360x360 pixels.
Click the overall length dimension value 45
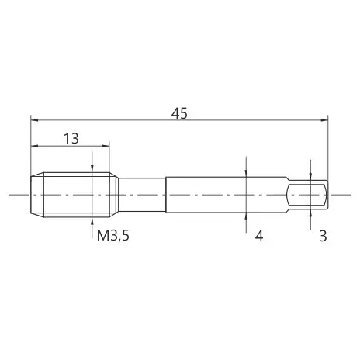[x=179, y=113]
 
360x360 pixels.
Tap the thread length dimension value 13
[x=71, y=139]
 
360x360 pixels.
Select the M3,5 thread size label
[x=113, y=236]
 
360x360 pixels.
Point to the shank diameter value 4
[x=259, y=236]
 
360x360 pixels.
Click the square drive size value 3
[x=323, y=236]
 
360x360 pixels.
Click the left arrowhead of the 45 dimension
[x=34, y=120]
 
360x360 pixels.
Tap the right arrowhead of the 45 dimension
[x=324, y=120]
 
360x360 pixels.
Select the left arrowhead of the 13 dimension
[x=34, y=146]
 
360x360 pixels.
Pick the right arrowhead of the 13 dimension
[x=106, y=146]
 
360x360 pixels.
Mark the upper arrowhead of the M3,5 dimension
[x=92, y=169]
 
